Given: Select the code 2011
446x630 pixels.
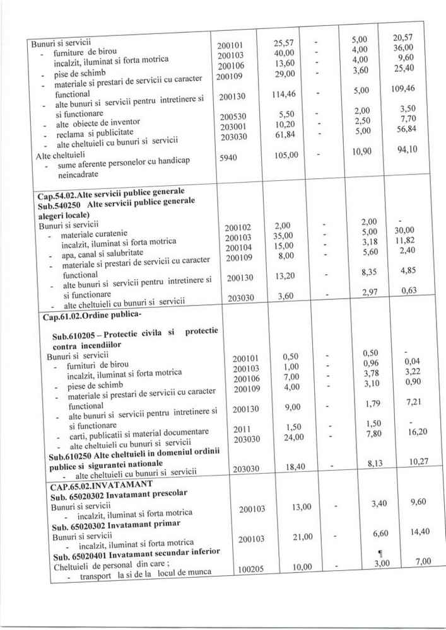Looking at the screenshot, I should [x=243, y=429].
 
